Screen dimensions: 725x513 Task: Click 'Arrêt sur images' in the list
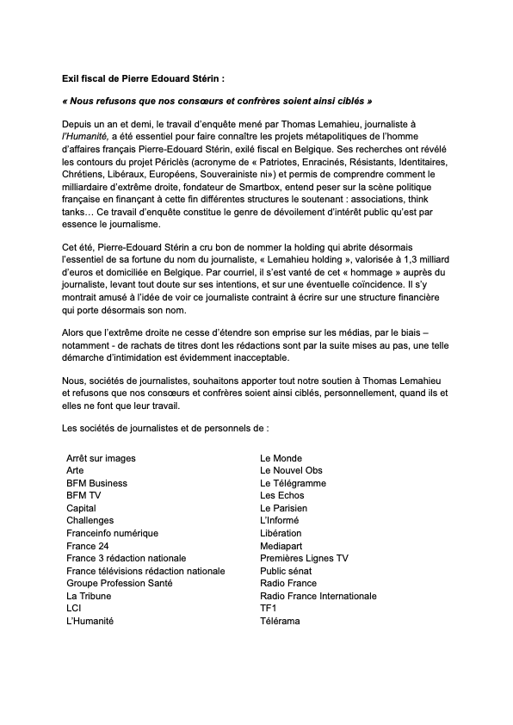click(101, 458)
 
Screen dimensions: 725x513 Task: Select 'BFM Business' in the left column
click(96, 483)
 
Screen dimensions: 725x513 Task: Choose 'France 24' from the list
click(88, 546)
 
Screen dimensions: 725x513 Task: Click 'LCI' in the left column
click(74, 608)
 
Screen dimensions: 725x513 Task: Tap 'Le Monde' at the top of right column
click(281, 458)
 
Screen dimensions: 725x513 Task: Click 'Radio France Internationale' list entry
click(318, 595)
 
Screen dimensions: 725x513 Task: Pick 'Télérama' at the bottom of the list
click(280, 620)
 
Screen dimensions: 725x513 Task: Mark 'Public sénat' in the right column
click(287, 570)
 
